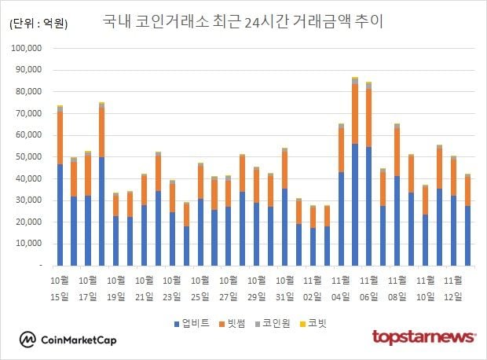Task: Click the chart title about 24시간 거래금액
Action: [x=243, y=21]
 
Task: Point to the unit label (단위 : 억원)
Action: [x=38, y=24]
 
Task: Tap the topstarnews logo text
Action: [x=423, y=338]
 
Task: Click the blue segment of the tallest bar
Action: [x=355, y=204]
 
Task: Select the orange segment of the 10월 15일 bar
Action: [x=60, y=138]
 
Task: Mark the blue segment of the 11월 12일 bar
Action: [x=467, y=236]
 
